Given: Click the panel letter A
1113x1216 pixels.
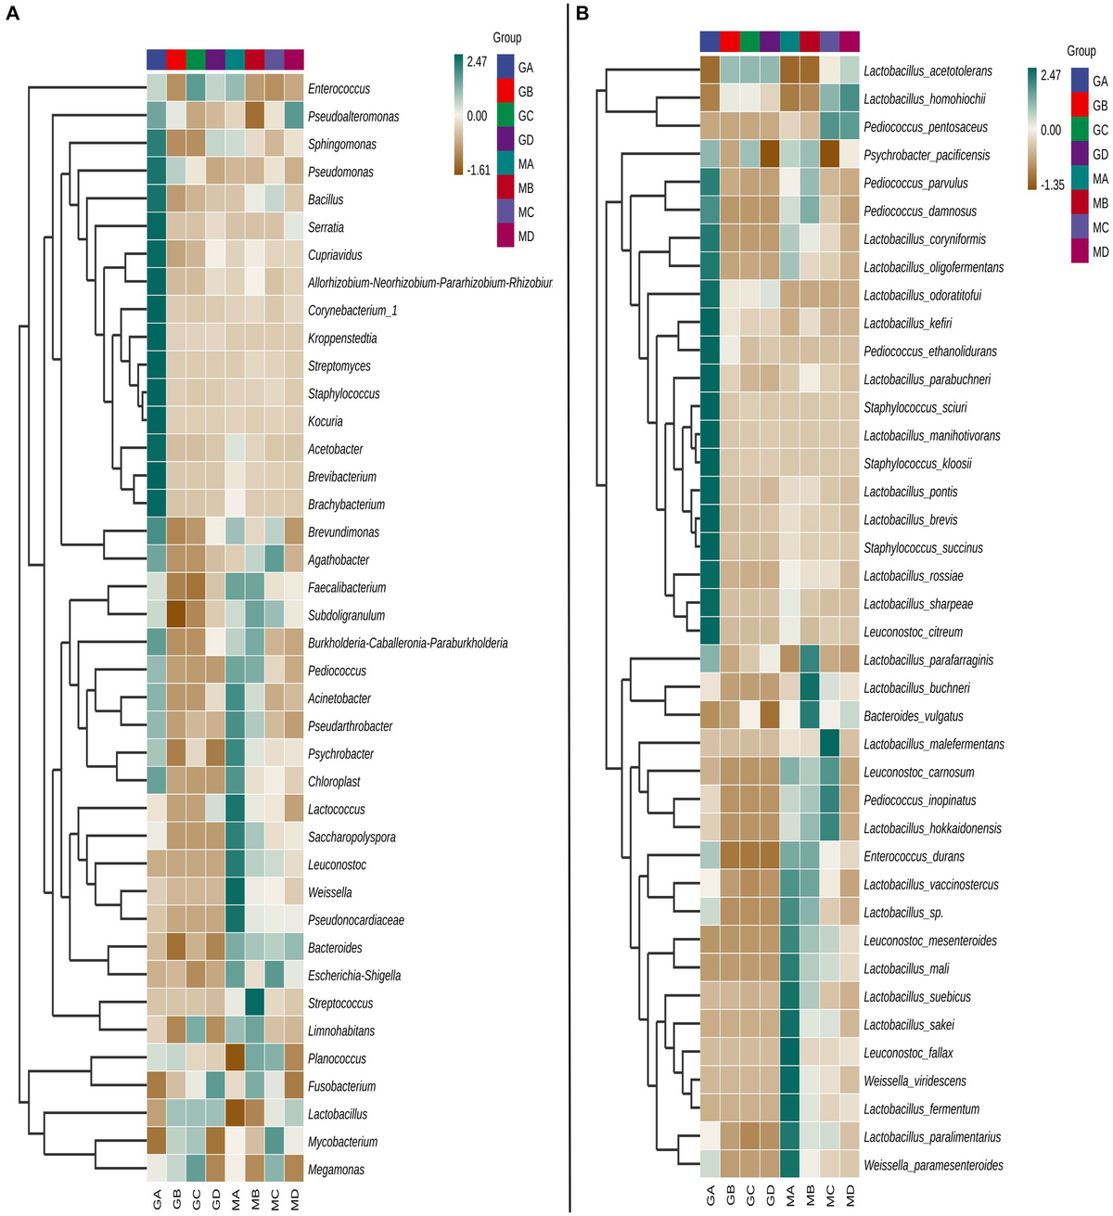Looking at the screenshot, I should (x=12, y=14).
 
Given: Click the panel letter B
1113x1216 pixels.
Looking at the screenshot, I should (x=582, y=14).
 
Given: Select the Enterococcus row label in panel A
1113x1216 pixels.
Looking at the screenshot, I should (x=339, y=89).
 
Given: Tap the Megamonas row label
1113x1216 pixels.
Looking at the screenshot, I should (x=336, y=1170).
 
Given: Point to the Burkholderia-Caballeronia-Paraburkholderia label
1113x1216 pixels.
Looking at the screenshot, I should (x=407, y=643).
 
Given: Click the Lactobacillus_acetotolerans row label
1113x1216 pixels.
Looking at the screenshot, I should (x=927, y=71).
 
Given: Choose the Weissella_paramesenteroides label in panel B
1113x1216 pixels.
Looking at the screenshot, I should (x=933, y=1165).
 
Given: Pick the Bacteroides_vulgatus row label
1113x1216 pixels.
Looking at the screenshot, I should (x=913, y=716).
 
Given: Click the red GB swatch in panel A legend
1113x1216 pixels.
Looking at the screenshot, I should (x=505, y=92).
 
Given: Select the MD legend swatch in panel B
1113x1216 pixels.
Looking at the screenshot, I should (x=1080, y=251).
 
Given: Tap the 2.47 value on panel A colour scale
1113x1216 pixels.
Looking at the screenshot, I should (x=477, y=62).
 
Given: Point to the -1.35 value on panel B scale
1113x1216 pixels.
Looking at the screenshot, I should (x=1053, y=185).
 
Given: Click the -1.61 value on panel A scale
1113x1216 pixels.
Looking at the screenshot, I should (x=478, y=170).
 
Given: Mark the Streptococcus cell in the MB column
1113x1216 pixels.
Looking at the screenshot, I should (x=254, y=1003).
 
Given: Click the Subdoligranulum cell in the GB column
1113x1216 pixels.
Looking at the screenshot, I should (x=176, y=615).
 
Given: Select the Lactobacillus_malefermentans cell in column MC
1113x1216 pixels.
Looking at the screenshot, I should (x=830, y=744).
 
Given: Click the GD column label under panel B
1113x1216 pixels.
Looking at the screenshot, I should (x=770, y=1196).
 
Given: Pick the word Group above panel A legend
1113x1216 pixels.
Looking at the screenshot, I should (x=506, y=38).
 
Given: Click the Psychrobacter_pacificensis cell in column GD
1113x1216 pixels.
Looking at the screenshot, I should (x=770, y=155).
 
